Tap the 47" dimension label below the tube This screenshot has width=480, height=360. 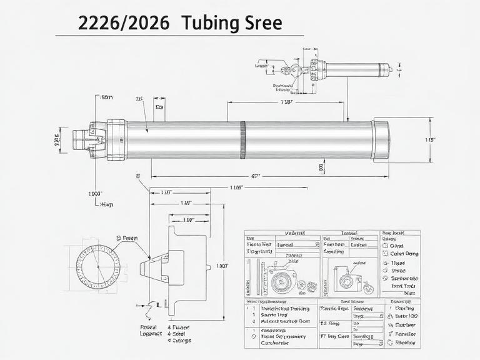pyautogui.click(x=255, y=177)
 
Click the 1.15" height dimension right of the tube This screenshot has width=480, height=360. pyautogui.click(x=430, y=140)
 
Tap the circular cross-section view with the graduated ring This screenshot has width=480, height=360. pyautogui.click(x=97, y=265)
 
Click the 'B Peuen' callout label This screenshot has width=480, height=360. pyautogui.click(x=127, y=238)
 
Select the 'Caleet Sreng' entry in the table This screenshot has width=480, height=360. pyautogui.click(x=404, y=254)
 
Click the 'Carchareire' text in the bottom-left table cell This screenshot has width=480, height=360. pyautogui.click(x=275, y=343)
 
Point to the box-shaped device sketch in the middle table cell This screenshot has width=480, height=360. pyautogui.click(x=346, y=277)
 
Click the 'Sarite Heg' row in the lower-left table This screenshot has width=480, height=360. pyautogui.click(x=272, y=316)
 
